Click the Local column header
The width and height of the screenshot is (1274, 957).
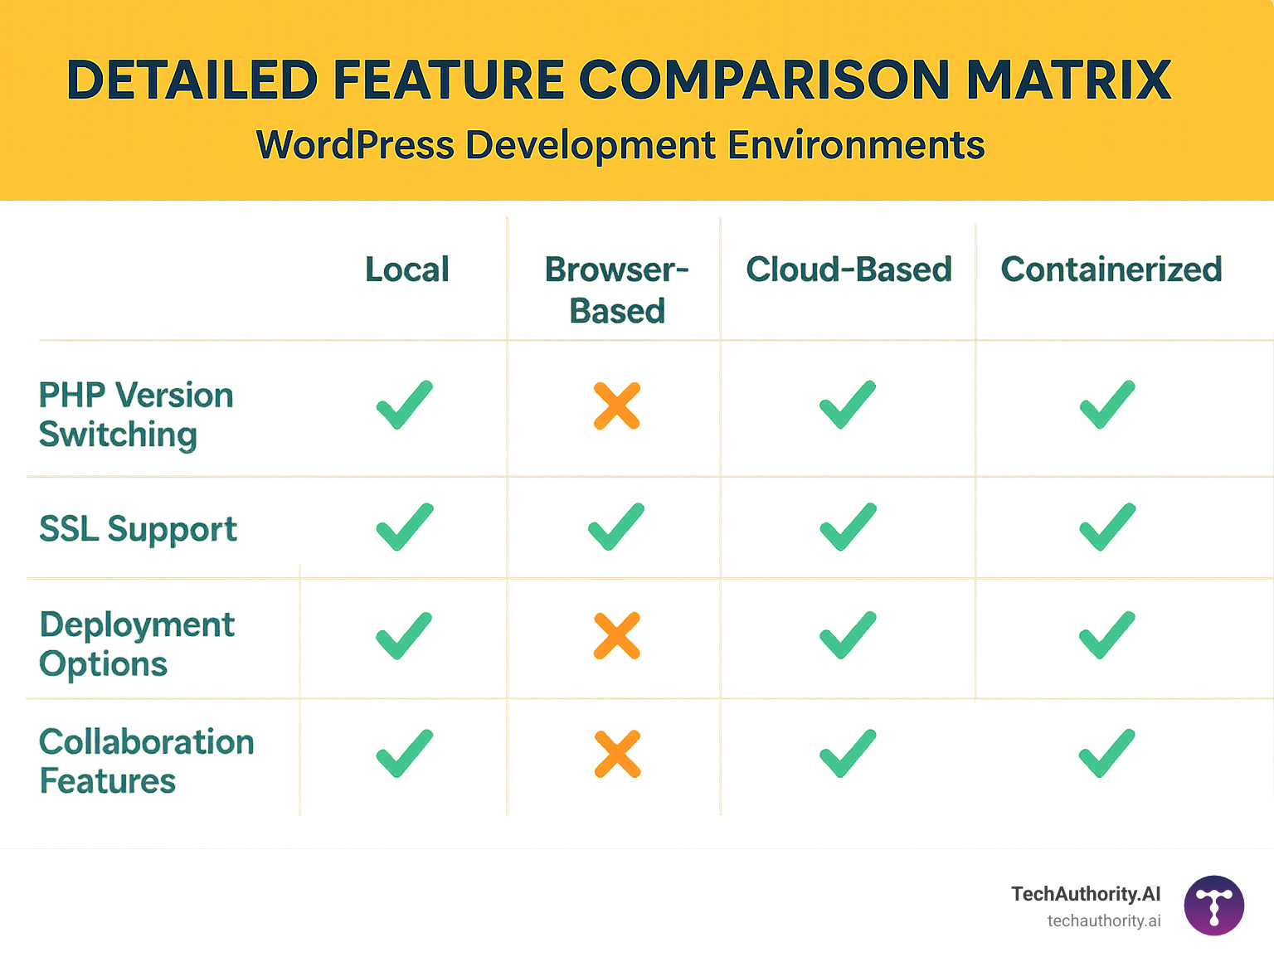click(407, 270)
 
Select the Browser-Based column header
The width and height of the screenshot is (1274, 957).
click(617, 289)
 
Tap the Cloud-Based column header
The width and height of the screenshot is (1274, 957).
click(849, 270)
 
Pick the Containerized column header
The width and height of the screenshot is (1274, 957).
click(1111, 270)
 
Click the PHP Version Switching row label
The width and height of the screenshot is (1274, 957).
click(136, 415)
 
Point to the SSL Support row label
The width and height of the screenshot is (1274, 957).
click(138, 529)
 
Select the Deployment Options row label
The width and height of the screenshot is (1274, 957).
click(137, 644)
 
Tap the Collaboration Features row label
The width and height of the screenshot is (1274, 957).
click(146, 761)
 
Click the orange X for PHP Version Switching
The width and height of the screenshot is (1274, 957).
click(617, 406)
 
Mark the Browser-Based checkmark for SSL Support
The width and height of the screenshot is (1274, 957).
click(616, 527)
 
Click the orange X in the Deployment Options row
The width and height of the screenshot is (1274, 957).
click(617, 636)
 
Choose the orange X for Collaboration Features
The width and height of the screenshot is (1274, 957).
click(617, 754)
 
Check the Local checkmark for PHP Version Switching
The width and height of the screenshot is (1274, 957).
click(405, 405)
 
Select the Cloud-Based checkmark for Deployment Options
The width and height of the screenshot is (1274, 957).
click(848, 635)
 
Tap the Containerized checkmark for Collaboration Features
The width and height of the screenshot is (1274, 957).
click(1107, 753)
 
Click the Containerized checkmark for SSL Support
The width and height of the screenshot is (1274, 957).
click(1107, 527)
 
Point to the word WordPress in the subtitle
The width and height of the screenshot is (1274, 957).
click(355, 145)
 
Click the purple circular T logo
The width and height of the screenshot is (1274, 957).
click(1214, 906)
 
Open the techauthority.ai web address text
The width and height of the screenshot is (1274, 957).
click(1103, 921)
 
